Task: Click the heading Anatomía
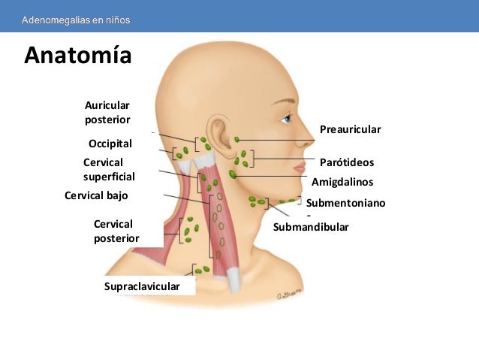pos(77,56)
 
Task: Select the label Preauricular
pos(350,129)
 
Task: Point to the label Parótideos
pos(346,162)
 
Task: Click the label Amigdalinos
pos(342,181)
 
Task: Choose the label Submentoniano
pos(345,202)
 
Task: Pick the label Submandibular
pos(311,226)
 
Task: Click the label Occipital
pos(110,144)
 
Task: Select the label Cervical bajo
pos(96,195)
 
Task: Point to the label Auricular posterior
pos(107,113)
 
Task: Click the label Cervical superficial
pos(109,169)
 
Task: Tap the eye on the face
pos(286,119)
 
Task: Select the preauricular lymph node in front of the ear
pos(237,139)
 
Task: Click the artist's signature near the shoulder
pos(289,295)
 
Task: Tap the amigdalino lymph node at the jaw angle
pos(233,174)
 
